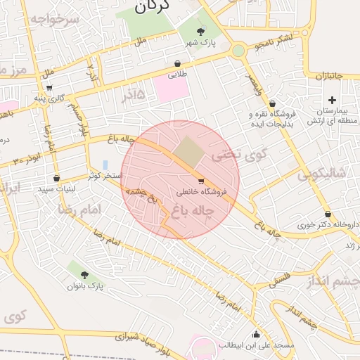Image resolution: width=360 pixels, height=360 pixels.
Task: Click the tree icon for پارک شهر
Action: coord(202,32)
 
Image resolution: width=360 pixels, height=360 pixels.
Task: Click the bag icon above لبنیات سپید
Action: coord(56,178)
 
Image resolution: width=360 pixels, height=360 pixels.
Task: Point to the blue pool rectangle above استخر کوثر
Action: coord(105,165)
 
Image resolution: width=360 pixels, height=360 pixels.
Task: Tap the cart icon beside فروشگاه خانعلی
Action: coord(202,181)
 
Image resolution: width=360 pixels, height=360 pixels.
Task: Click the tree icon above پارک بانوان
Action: coord(85,275)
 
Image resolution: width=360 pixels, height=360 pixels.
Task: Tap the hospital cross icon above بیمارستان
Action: coord(332,101)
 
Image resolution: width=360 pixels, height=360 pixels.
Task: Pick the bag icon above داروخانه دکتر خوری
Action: coord(328,214)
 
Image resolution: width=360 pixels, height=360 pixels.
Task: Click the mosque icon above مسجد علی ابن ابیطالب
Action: coord(255,335)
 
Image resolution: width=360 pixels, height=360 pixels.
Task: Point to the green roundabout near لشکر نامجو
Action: coord(238,51)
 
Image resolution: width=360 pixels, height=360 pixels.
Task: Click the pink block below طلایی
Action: coord(171,89)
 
